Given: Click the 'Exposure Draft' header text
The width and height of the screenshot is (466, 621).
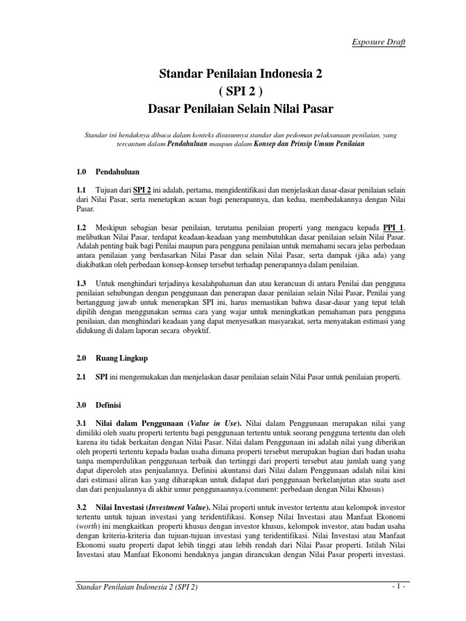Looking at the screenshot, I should pos(379,42).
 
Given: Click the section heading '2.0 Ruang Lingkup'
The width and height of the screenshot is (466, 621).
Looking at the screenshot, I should pos(108,359).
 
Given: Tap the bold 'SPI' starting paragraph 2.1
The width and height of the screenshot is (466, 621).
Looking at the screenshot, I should pos(101,377).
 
